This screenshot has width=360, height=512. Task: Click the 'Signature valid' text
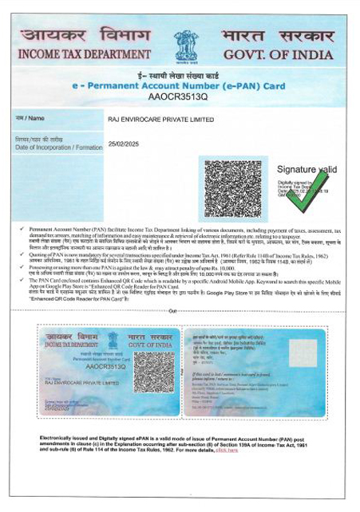306,170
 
